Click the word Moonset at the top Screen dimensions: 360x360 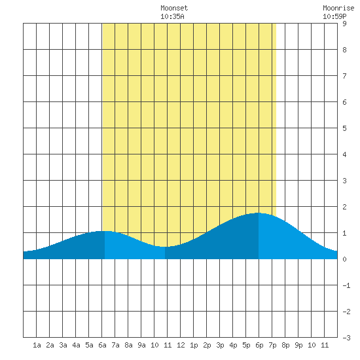174,8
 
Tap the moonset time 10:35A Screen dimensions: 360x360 172,16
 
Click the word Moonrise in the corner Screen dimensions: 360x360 338,8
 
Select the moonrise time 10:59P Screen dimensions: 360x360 334,16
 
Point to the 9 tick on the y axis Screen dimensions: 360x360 344,24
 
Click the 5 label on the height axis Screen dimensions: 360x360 344,128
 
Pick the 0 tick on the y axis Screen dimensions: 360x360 344,259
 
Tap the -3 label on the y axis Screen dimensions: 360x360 346,338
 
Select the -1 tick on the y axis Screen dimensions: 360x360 346,285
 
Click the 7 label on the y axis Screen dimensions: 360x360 344,76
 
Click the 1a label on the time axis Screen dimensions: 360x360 37,345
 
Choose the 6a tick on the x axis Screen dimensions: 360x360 102,345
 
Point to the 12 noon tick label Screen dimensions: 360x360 181,345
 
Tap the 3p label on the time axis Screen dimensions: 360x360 220,345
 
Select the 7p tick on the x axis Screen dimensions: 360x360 272,345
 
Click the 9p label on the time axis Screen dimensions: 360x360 298,345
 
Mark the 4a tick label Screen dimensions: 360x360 76,345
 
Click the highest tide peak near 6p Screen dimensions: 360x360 258,213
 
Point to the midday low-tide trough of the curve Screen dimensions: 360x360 164,247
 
